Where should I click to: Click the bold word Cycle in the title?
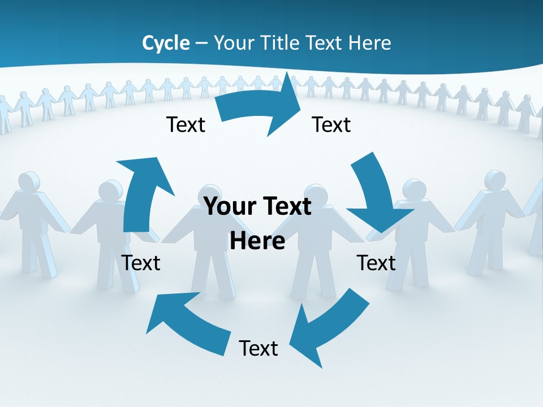point(166,43)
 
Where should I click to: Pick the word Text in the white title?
point(325,43)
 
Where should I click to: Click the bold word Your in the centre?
point(226,206)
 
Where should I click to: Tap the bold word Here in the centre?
point(257,241)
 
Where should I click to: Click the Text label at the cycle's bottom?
point(258,348)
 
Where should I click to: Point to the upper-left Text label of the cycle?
point(186,124)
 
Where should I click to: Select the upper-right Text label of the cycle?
point(331,124)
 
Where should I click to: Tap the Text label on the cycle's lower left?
point(141,263)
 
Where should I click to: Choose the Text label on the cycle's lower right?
point(376,263)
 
